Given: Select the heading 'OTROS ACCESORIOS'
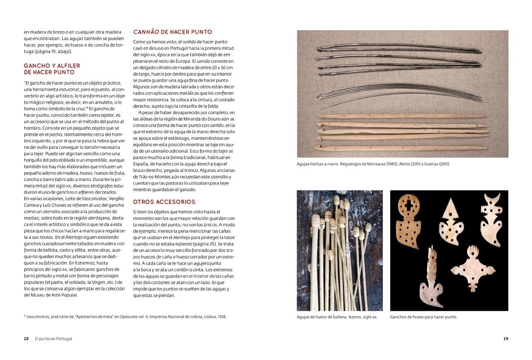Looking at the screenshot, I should point(164,202).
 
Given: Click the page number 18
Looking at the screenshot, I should point(26,339).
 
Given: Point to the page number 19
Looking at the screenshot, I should point(505,339).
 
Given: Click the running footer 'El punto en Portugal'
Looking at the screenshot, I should point(57,339).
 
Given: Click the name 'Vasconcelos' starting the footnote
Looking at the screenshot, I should point(40,317).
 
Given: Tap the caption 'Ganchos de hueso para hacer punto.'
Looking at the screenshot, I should point(423,317).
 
